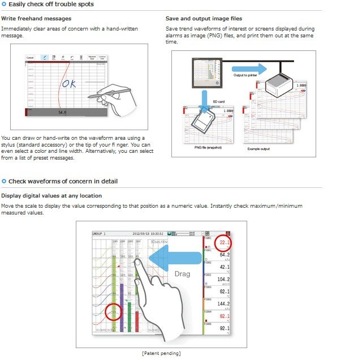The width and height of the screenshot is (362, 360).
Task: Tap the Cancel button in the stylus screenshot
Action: tap(30, 58)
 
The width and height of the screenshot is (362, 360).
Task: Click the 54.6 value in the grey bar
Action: tap(63, 113)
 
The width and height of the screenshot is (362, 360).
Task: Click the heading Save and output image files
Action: tap(204, 19)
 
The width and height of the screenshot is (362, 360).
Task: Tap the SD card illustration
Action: tap(202, 121)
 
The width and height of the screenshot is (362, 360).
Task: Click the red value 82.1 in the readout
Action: tap(223, 316)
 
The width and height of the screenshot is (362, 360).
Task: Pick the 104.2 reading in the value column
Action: tap(222, 280)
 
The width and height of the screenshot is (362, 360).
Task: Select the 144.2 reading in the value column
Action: tap(222, 303)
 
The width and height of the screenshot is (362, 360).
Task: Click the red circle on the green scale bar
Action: tap(114, 312)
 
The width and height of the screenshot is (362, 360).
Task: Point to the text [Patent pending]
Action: tap(161, 353)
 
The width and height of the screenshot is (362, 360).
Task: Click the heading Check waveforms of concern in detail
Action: tap(63, 181)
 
